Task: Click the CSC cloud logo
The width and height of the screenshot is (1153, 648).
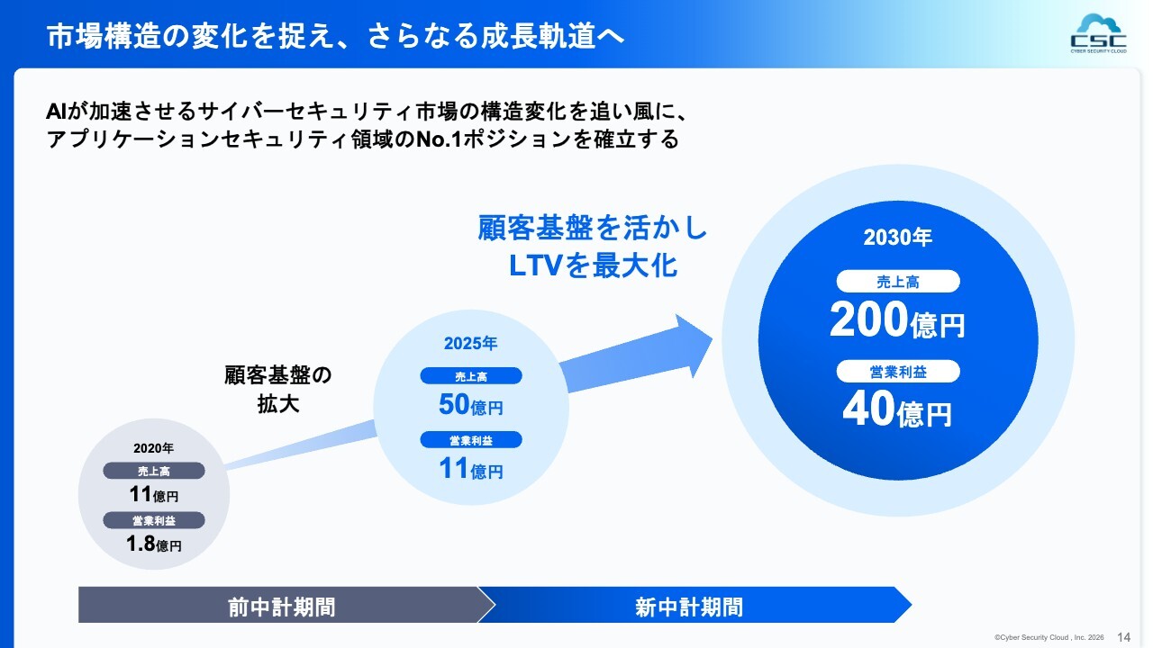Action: [x=1098, y=34]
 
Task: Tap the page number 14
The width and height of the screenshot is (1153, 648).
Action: [x=1123, y=637]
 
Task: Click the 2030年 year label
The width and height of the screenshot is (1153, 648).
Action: [x=898, y=238]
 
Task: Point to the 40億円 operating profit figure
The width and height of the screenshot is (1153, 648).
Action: [x=897, y=409]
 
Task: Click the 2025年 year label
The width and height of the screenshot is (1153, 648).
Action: [x=470, y=343]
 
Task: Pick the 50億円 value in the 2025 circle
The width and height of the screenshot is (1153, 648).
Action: [x=470, y=404]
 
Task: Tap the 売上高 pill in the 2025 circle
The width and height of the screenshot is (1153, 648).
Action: [x=471, y=376]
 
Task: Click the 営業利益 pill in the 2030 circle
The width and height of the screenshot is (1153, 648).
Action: [x=898, y=372]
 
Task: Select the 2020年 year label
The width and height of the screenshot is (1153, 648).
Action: [x=153, y=448]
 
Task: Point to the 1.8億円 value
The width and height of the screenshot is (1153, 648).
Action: [x=153, y=544]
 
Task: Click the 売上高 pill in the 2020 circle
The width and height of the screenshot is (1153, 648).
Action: [x=154, y=471]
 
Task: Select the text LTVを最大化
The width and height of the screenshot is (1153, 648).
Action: [x=593, y=265]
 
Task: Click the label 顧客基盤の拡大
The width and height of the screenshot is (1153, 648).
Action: [x=278, y=390]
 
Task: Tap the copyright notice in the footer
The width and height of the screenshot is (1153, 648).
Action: [x=1049, y=638]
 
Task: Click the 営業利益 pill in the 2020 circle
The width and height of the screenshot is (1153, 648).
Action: [x=154, y=520]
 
